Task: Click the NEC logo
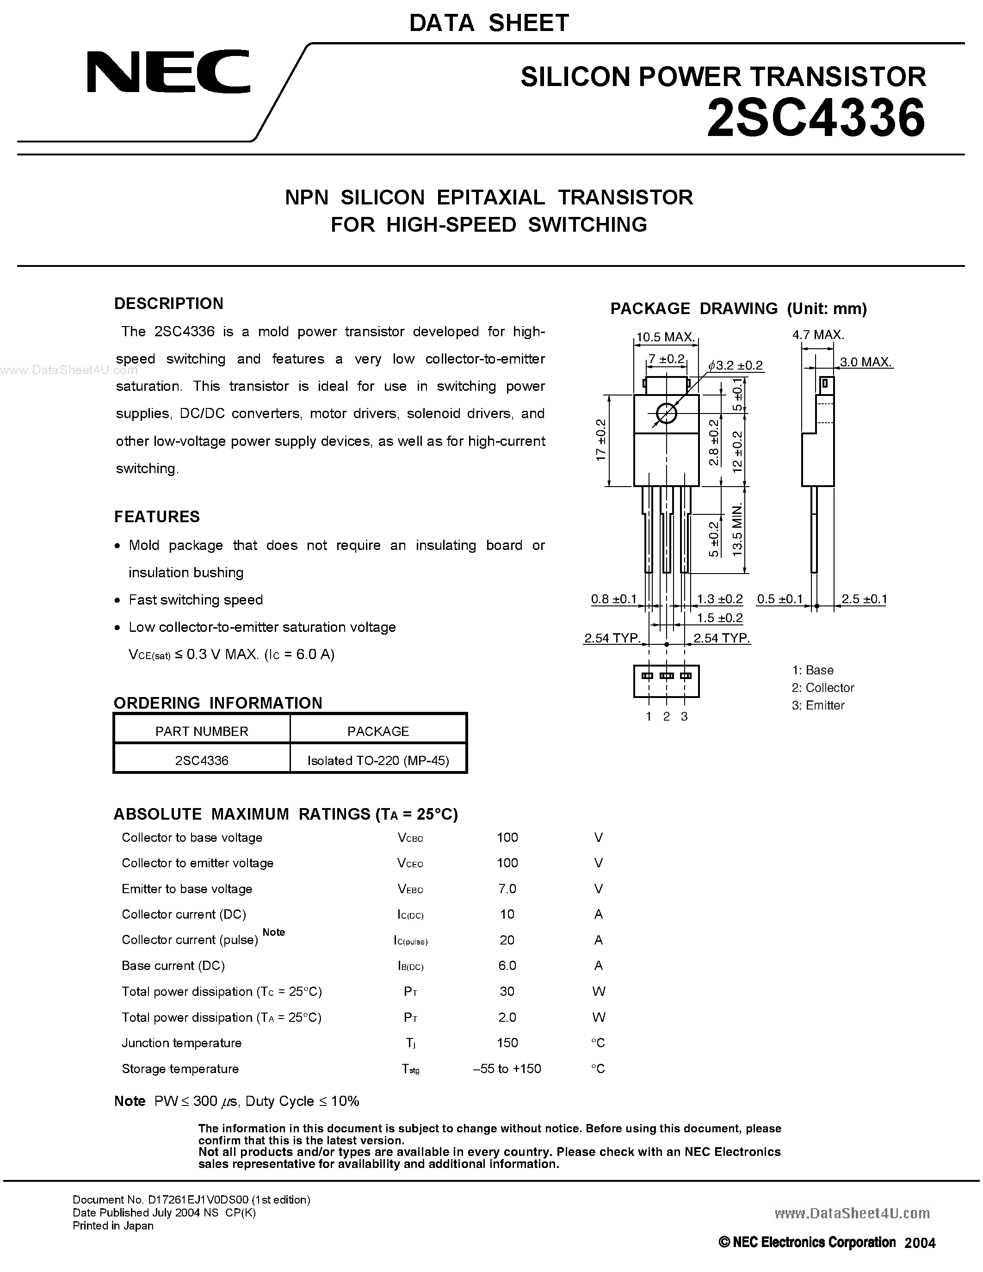click(x=168, y=72)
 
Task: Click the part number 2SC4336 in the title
click(x=815, y=118)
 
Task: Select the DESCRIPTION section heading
click(x=169, y=303)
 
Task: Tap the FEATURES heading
click(x=157, y=517)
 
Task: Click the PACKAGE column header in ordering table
click(x=378, y=731)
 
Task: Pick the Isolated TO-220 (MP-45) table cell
click(x=378, y=760)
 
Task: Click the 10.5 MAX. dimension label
click(x=665, y=337)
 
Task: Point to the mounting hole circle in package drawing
click(x=666, y=414)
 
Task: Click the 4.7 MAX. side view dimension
click(x=818, y=335)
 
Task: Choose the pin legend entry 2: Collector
click(x=823, y=687)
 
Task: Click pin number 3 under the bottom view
click(x=684, y=716)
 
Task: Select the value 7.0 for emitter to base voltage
click(x=507, y=889)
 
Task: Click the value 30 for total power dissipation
click(x=507, y=991)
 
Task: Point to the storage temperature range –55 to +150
click(x=507, y=1069)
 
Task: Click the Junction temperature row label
click(x=182, y=1043)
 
